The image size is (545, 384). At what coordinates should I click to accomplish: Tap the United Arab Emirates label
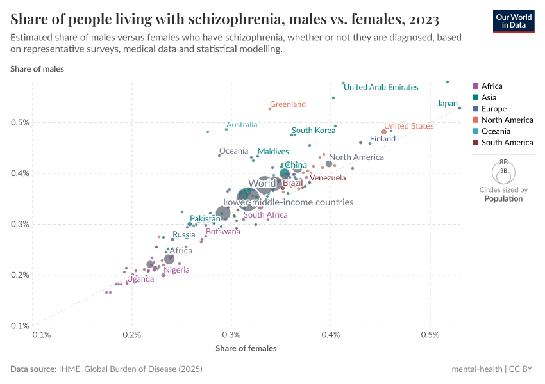(x=381, y=87)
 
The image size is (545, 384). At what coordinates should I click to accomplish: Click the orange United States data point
(x=384, y=132)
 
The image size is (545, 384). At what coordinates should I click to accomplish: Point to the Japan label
(x=447, y=104)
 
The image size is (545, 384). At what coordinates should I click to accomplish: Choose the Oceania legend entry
(x=497, y=131)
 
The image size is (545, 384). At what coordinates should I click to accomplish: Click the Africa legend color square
(x=475, y=86)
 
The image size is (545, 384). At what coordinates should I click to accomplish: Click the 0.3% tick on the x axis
(x=231, y=335)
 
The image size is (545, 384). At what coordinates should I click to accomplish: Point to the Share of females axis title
(x=246, y=348)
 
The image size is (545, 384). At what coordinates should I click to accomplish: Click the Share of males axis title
(x=37, y=68)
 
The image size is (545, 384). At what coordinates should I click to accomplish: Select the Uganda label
(x=140, y=279)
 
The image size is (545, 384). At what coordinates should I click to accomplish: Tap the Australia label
(x=242, y=125)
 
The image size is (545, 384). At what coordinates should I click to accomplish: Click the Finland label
(x=383, y=139)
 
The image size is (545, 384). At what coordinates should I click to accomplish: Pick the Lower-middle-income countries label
(x=289, y=202)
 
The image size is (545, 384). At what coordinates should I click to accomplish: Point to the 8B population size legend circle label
(x=503, y=163)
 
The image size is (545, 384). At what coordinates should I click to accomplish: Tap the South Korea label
(x=314, y=131)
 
